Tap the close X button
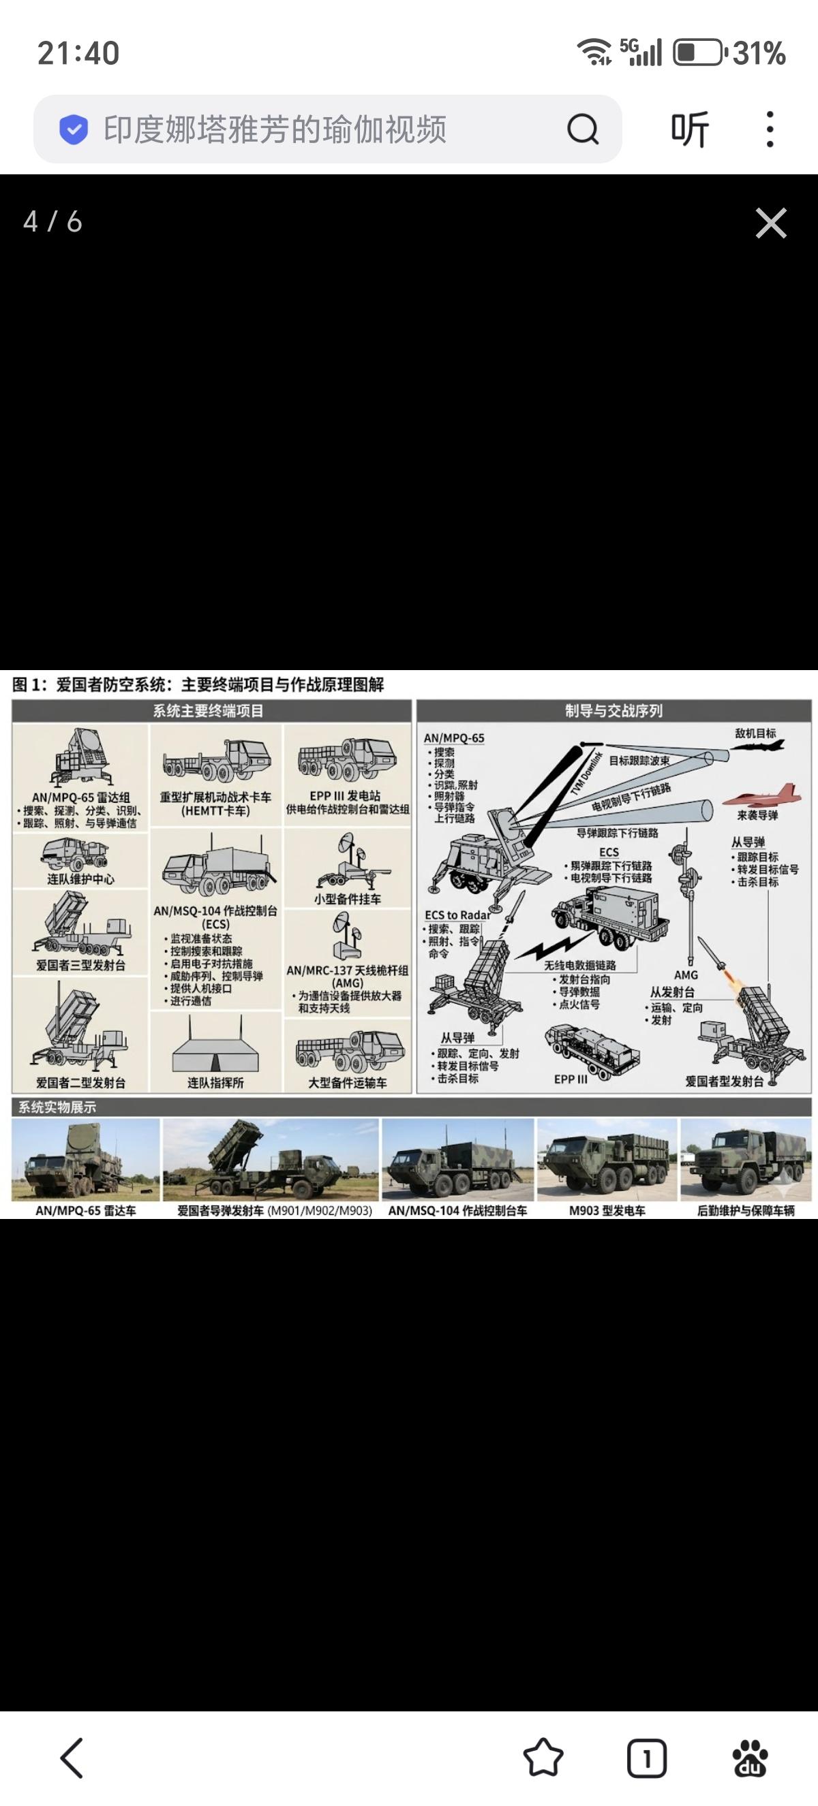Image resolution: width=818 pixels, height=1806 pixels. (x=770, y=223)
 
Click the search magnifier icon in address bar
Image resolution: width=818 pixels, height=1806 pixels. (x=582, y=129)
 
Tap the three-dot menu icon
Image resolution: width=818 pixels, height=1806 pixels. (x=770, y=129)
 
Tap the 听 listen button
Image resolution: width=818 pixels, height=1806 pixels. (x=690, y=129)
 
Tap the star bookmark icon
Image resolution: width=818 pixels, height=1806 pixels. (x=543, y=1758)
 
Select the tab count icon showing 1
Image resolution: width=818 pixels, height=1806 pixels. (x=646, y=1758)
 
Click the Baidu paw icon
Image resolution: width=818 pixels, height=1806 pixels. (x=749, y=1758)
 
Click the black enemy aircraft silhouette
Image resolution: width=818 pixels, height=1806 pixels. (x=757, y=746)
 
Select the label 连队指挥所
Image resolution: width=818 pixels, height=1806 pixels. (x=215, y=1083)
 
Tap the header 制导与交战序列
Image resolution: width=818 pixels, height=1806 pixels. (x=614, y=710)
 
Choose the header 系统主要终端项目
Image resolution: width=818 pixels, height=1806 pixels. (x=209, y=710)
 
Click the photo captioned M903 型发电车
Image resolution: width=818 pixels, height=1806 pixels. (x=607, y=1159)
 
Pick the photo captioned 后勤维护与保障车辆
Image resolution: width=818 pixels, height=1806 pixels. (x=746, y=1159)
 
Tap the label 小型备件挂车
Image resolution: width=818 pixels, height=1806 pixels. (x=347, y=899)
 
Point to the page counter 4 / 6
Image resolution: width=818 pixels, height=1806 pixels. (x=52, y=222)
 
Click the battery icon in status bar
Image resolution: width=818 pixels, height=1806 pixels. (x=697, y=53)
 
